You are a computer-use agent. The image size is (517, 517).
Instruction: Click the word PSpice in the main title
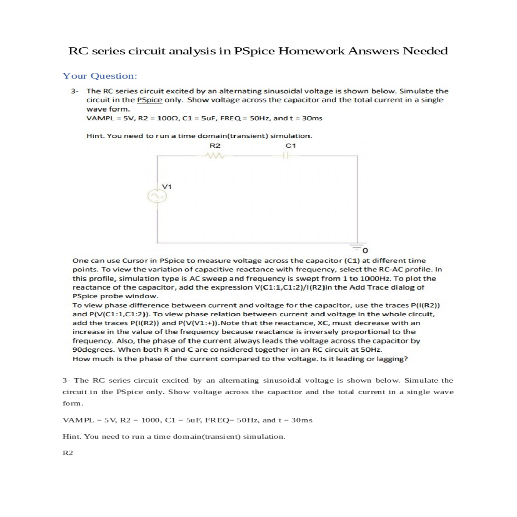click(254, 51)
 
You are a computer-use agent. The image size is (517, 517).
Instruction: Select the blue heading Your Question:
click(100, 76)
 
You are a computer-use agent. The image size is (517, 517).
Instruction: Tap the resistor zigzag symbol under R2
click(215, 156)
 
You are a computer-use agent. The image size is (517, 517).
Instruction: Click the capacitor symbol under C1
click(291, 156)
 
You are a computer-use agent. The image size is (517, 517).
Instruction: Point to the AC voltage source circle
click(157, 196)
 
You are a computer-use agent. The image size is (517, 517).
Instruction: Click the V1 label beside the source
click(167, 187)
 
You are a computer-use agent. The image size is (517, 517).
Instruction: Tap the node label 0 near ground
click(365, 250)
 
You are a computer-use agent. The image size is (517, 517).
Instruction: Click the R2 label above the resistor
click(215, 146)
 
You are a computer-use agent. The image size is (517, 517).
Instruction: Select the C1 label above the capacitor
click(291, 146)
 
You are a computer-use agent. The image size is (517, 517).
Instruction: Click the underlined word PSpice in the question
click(149, 100)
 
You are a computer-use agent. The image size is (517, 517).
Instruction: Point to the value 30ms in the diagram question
click(312, 118)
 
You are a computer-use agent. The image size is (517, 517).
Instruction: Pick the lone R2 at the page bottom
click(68, 453)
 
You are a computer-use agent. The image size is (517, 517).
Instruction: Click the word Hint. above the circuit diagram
click(95, 136)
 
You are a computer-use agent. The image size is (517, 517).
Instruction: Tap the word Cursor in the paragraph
click(136, 261)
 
